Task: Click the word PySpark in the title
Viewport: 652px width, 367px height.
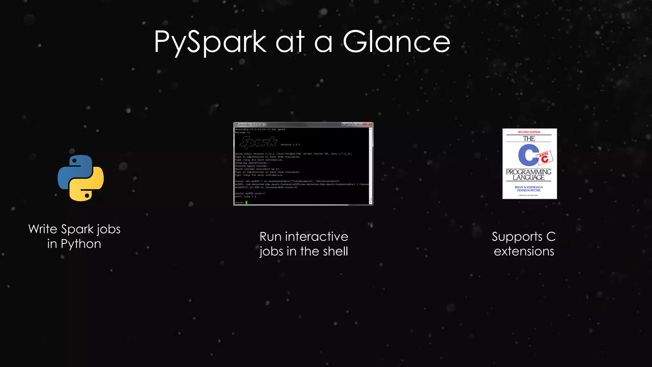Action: (210, 42)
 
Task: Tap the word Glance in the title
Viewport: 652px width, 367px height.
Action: (396, 42)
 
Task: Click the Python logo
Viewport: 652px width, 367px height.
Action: (81, 178)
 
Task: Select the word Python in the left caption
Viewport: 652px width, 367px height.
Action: (81, 244)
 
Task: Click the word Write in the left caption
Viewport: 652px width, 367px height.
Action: (43, 229)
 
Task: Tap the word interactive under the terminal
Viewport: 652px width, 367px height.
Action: (316, 237)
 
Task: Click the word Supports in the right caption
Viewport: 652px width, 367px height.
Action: (517, 237)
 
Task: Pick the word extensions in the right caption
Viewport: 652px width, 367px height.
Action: (524, 251)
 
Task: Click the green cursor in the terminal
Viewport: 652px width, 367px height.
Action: (246, 202)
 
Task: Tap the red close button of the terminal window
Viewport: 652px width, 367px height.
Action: (368, 124)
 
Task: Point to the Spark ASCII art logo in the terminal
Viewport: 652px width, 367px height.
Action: (259, 142)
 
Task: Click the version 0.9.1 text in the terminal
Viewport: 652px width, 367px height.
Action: (290, 145)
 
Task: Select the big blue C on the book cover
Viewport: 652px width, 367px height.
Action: (528, 155)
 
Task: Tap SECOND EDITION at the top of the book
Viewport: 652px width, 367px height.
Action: (529, 132)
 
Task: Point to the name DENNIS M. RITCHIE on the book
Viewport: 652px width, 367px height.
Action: (528, 191)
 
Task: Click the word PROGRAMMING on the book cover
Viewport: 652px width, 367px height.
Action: (528, 172)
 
